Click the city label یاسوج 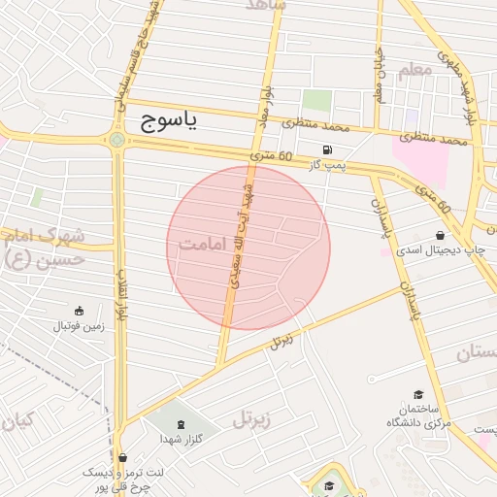pos(169,119)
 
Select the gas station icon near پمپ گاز pos(326,149)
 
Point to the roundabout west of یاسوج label pos(117,140)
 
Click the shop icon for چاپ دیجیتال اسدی pos(441,235)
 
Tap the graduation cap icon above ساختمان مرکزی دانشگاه pos(418,394)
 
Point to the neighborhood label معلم pos(414,70)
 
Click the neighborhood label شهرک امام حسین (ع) pos(44,247)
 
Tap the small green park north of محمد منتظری pos(316,100)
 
